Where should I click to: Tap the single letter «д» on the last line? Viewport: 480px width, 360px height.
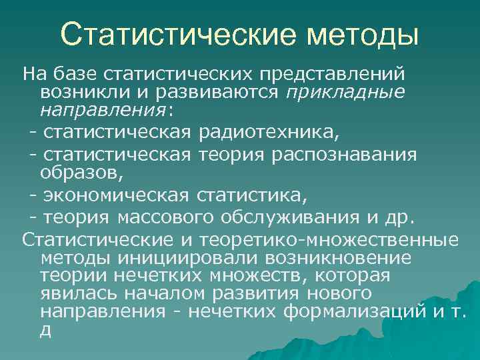click(x=45, y=330)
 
